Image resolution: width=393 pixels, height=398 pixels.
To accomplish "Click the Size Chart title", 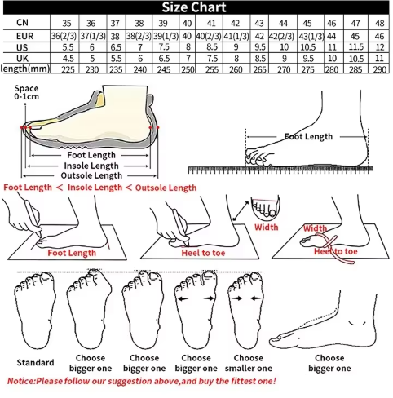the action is click(194, 7).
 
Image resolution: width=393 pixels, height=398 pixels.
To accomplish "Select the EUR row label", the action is click(24, 36).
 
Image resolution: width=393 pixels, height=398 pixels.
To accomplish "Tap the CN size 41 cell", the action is click(211, 23).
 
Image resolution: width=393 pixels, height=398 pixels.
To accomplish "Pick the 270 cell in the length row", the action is click(284, 69).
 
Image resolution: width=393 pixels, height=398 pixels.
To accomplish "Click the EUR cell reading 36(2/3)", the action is click(64, 36).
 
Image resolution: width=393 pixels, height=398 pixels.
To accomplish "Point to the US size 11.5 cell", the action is click(356, 47).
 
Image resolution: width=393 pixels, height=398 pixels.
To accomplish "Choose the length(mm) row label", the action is click(25, 69).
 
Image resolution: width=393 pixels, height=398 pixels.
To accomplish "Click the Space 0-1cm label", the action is click(26, 92).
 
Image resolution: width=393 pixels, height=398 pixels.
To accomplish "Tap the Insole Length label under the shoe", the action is click(91, 166).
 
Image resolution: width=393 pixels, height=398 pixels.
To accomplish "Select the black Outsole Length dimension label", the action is click(91, 175).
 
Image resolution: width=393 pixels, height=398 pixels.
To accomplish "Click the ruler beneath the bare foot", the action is click(280, 170).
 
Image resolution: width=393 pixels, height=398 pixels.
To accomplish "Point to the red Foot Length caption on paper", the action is click(72, 253).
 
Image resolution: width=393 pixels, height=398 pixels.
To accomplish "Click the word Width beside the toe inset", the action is click(267, 227).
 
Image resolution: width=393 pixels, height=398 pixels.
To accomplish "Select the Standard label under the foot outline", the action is click(35, 362).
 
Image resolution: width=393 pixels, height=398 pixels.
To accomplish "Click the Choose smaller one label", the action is click(249, 363).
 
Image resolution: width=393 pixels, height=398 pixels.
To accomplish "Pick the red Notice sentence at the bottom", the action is click(141, 381).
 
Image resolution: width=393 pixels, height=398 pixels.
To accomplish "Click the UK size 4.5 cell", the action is click(68, 59).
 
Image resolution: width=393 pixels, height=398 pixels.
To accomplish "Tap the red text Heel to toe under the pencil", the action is click(203, 253).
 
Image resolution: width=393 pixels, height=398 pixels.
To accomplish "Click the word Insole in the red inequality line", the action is click(79, 188).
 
